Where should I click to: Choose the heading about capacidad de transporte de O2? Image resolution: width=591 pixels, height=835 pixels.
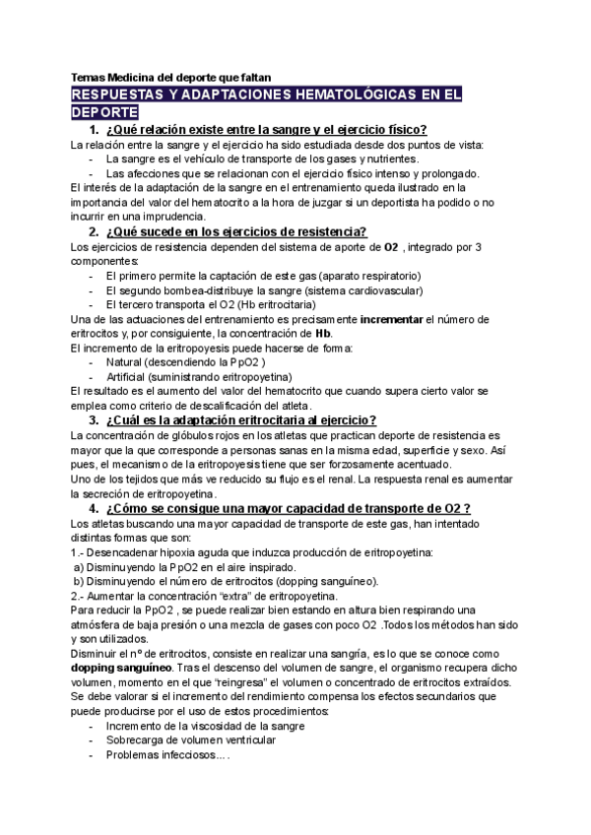click(x=286, y=508)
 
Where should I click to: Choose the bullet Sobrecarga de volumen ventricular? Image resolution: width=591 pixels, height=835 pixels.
click(x=190, y=740)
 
